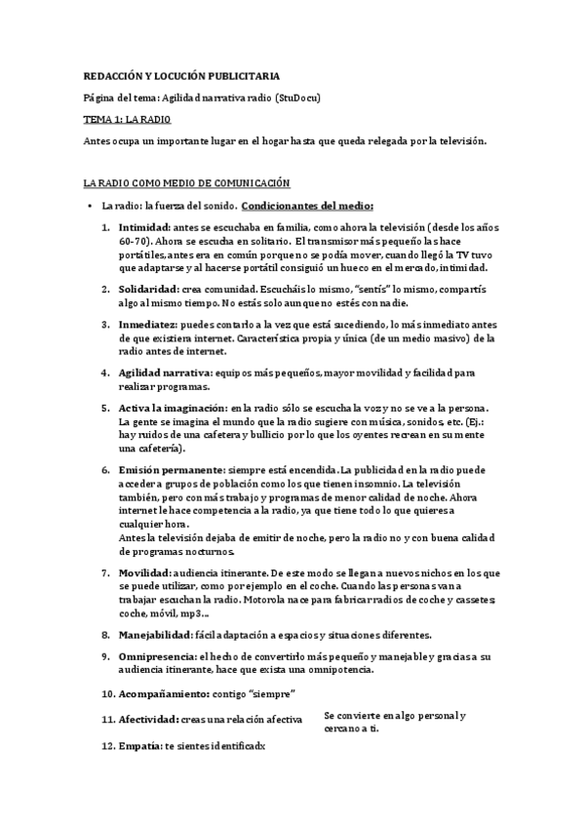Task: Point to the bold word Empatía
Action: pyautogui.click(x=137, y=746)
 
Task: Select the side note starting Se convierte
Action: pyautogui.click(x=393, y=722)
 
